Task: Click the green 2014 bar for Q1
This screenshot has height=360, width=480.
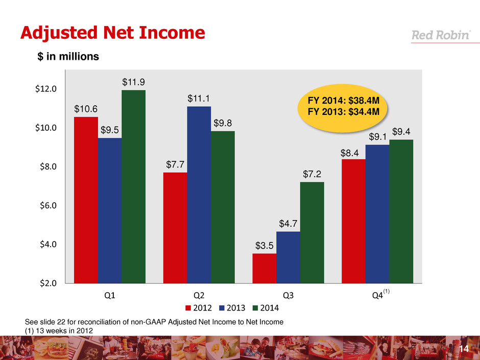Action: pos(133,186)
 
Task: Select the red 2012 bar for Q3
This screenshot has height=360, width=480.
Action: pos(265,268)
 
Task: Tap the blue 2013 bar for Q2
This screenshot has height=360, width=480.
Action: pos(199,194)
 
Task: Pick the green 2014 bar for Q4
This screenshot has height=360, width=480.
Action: pos(401,211)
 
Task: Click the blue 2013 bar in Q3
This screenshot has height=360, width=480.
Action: pos(288,257)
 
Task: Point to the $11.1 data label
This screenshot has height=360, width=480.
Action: pos(199,98)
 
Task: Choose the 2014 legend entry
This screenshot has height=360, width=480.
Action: pos(265,308)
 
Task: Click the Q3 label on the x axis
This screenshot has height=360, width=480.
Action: pos(288,296)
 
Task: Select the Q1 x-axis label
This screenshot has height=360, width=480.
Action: pos(109,296)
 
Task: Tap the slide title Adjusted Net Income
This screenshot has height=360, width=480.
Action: pos(112,33)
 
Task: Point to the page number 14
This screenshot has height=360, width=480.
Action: pos(464,348)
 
